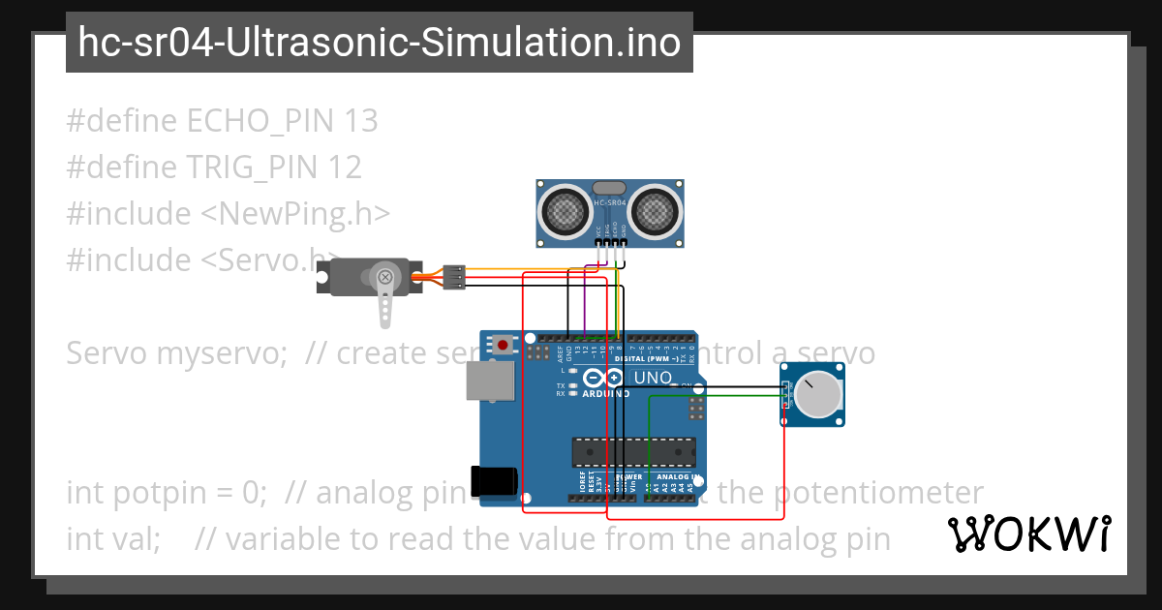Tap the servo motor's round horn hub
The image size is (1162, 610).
(385, 279)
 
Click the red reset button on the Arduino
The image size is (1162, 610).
(504, 344)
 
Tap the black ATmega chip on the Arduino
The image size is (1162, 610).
(633, 451)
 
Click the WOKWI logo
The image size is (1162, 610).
(1028, 534)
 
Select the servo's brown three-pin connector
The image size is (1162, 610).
(454, 278)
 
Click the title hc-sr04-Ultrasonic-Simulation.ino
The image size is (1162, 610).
(379, 43)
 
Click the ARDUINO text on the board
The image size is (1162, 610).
(606, 394)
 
